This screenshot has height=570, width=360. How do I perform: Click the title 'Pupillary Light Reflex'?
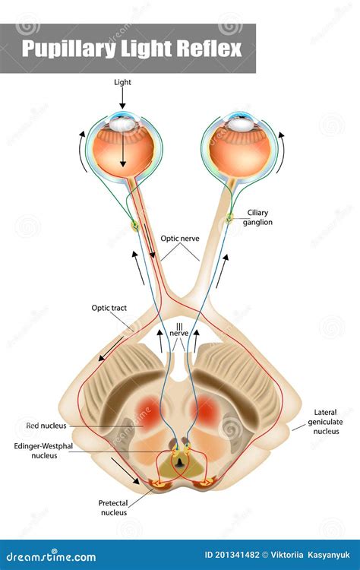coord(131,49)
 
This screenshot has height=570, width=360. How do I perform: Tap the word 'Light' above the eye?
coord(122,82)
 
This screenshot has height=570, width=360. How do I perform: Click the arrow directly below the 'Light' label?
coord(122,98)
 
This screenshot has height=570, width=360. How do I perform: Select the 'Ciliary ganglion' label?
coord(257,217)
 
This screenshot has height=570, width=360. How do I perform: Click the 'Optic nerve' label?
coord(180,239)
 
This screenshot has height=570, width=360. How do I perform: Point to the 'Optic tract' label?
coord(109,308)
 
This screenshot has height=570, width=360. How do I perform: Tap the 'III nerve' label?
coord(179,330)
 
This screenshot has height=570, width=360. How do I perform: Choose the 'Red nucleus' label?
coord(46,426)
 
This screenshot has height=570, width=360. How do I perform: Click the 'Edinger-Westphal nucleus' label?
coord(43,451)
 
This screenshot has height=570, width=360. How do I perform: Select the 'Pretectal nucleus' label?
coord(113,508)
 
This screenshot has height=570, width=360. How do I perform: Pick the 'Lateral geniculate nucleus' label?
coord(326,422)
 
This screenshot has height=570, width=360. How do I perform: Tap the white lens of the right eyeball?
coord(240,125)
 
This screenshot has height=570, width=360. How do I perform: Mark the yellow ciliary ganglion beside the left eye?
coord(134,226)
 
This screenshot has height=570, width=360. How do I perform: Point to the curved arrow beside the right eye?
coord(282,152)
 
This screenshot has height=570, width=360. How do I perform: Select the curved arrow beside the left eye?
coord(82,151)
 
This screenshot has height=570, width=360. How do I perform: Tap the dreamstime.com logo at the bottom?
coord(49,556)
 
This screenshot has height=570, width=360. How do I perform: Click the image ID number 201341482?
coord(237,555)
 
